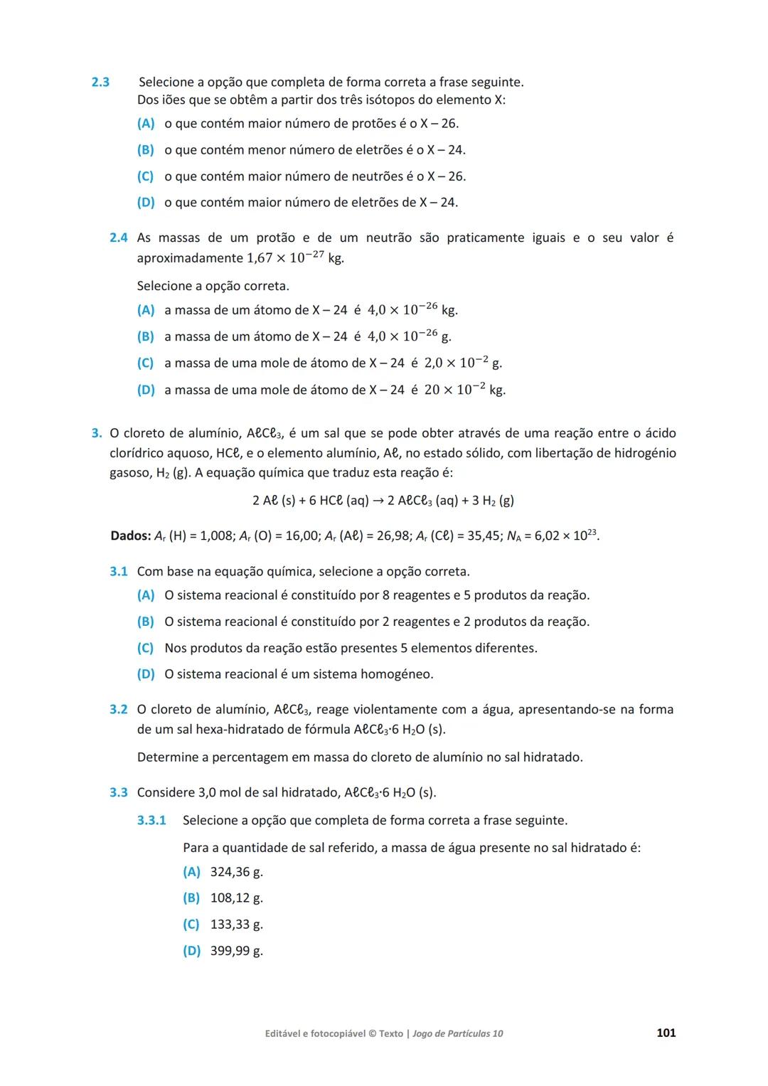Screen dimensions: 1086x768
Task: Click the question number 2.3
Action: [100, 82]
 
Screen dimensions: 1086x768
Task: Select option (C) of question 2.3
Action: [145, 176]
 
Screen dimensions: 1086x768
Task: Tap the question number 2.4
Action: [118, 238]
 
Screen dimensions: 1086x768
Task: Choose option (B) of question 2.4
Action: [145, 336]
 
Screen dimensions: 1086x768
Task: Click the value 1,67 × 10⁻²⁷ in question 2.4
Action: [285, 257]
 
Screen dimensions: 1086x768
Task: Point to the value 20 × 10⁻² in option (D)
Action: [454, 390]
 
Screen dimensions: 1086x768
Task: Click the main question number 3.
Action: [96, 433]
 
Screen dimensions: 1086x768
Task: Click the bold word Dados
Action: [130, 536]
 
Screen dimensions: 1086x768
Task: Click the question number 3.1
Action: [118, 571]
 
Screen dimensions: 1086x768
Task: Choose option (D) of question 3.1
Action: [145, 674]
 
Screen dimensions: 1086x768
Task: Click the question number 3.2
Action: [118, 709]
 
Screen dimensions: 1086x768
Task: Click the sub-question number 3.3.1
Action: [151, 820]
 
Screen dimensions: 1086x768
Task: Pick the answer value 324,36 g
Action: [236, 872]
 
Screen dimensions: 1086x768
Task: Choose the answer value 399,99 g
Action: [236, 951]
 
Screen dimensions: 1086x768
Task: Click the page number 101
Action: [666, 1033]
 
